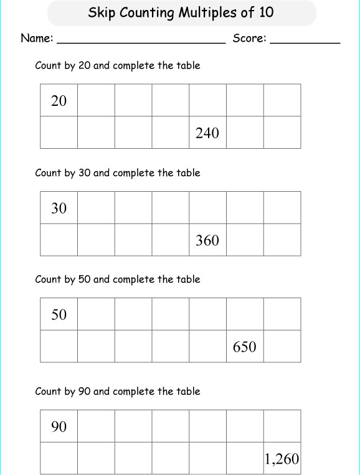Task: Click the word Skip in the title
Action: pyautogui.click(x=101, y=12)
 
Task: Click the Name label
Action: pyautogui.click(x=37, y=39)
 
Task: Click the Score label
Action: pyautogui.click(x=249, y=39)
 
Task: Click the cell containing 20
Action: pyautogui.click(x=59, y=101)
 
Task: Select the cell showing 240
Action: pyautogui.click(x=207, y=133)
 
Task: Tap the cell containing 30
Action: pyautogui.click(x=59, y=208)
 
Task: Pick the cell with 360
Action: pyautogui.click(x=207, y=240)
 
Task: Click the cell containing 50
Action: pyautogui.click(x=59, y=314)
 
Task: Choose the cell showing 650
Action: pyautogui.click(x=245, y=346)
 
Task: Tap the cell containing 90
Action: pyautogui.click(x=59, y=426)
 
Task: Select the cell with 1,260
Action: pyautogui.click(x=282, y=459)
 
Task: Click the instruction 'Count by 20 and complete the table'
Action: pyautogui.click(x=118, y=65)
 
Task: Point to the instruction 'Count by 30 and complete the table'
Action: pyautogui.click(x=118, y=172)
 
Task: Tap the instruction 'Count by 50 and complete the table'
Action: pyautogui.click(x=118, y=280)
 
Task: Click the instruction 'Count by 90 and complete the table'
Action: pyautogui.click(x=118, y=392)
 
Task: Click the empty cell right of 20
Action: pyautogui.click(x=96, y=101)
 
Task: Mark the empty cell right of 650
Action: pyautogui.click(x=282, y=346)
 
